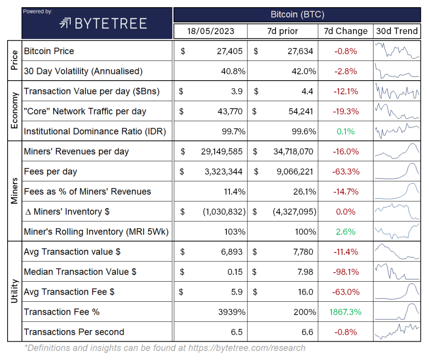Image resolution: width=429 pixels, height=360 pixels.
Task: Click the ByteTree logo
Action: pyautogui.click(x=103, y=23)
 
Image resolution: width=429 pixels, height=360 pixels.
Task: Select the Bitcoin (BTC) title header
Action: pyautogui.click(x=297, y=14)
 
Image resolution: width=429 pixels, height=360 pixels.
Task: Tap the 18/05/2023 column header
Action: pyautogui.click(x=210, y=31)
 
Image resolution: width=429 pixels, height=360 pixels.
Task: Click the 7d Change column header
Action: pyautogui.click(x=345, y=31)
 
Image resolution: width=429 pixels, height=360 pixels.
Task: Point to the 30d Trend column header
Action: pyautogui.click(x=397, y=31)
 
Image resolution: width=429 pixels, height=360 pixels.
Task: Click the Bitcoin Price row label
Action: pyautogui.click(x=49, y=51)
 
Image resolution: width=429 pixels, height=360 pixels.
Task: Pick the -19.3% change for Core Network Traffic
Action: pyautogui.click(x=345, y=111)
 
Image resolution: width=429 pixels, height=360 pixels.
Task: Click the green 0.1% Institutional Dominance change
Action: pyautogui.click(x=345, y=132)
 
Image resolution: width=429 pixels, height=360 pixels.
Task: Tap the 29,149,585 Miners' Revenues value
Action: pyautogui.click(x=221, y=152)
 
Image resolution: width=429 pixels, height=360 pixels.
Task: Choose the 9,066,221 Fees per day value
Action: pyautogui.click(x=293, y=171)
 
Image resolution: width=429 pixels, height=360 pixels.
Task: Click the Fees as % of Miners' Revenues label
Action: pyautogui.click(x=87, y=192)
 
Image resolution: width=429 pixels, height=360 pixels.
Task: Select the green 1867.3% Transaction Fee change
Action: pyautogui.click(x=345, y=312)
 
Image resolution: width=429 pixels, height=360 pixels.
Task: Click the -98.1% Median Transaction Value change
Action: pyautogui.click(x=345, y=272)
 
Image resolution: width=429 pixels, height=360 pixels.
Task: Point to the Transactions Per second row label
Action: pyautogui.click(x=74, y=332)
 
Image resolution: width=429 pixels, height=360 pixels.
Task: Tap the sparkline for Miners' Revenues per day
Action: pyautogui.click(x=397, y=151)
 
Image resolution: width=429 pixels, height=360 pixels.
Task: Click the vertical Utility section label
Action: pyautogui.click(x=14, y=291)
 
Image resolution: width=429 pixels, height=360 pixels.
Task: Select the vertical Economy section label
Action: pyautogui.click(x=14, y=111)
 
